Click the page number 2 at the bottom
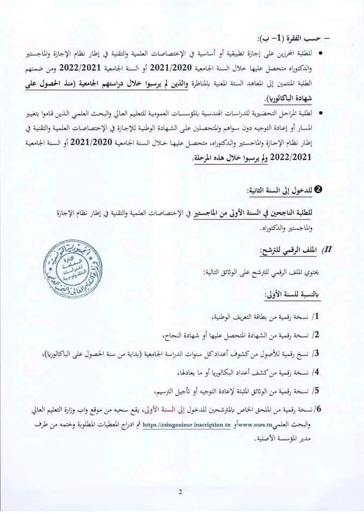pos(181,493)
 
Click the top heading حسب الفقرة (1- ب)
pos(289,37)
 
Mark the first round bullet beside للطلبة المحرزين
pos(321,53)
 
